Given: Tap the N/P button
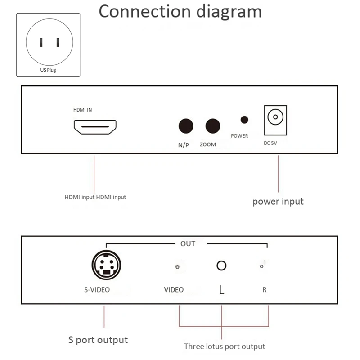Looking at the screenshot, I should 185,126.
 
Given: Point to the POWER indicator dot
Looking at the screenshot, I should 244,120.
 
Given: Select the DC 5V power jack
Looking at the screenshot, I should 274,118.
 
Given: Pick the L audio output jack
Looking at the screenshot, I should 221,265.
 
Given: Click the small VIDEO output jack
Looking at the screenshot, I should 177,267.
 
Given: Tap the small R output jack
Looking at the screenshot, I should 261,267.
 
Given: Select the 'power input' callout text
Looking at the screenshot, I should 278,201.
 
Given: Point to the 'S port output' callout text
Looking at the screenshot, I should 98,340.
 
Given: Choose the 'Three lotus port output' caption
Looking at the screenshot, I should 225,346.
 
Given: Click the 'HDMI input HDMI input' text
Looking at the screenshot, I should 95,197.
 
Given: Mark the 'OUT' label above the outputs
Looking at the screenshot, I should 188,243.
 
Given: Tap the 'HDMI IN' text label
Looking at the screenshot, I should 83,110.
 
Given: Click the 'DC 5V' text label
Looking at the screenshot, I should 270,143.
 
